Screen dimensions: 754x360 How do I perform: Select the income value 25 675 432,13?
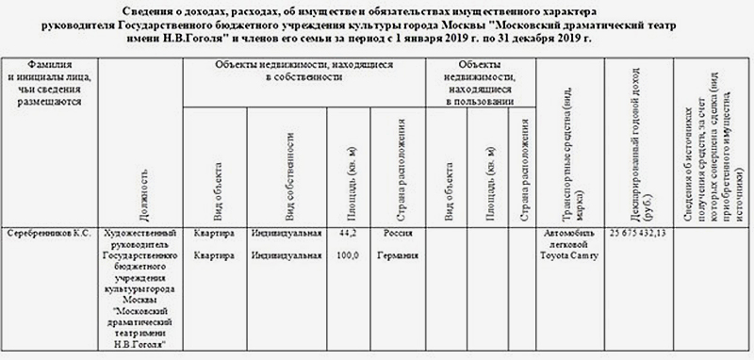click(646, 232)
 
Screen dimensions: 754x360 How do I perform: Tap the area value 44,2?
click(347, 232)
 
